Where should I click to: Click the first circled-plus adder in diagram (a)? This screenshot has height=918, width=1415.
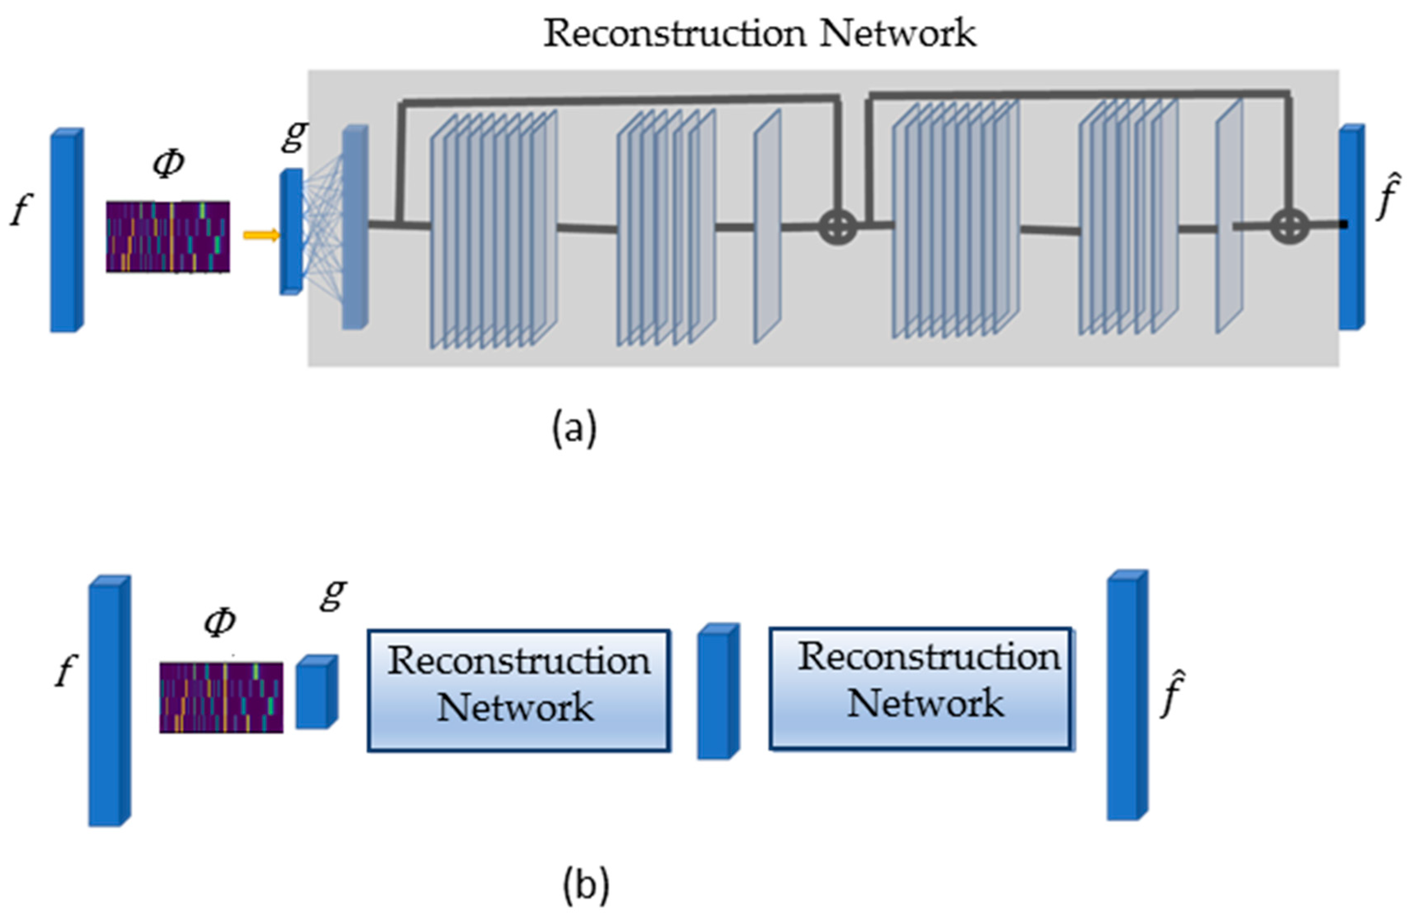pos(838,227)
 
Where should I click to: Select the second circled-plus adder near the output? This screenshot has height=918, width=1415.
pos(1289,227)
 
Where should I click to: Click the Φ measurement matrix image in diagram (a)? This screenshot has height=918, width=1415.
pos(168,237)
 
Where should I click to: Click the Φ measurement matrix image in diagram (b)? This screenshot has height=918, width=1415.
pos(221,697)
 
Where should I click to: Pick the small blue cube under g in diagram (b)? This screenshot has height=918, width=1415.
pos(316,693)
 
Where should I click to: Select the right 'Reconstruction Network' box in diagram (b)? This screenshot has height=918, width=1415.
pos(921,688)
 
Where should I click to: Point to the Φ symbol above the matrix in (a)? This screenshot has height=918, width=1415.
pos(168,163)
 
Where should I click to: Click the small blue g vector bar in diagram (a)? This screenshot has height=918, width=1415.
pos(291,232)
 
